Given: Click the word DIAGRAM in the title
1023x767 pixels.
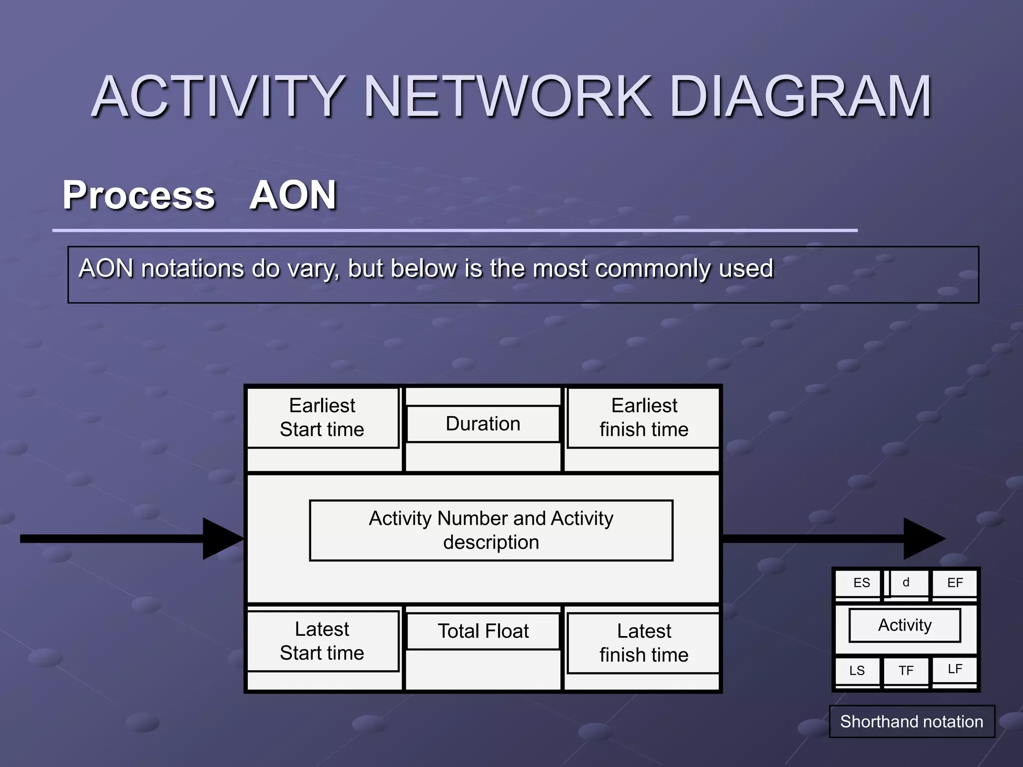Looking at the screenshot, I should [800, 97].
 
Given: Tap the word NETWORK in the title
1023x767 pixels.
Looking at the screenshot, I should [508, 97].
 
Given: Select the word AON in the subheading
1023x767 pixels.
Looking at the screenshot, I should [293, 195].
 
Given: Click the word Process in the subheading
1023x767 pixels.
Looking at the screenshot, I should [139, 195].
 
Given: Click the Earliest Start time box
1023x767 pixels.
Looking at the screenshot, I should [323, 417].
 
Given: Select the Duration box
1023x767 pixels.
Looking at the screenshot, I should [483, 424].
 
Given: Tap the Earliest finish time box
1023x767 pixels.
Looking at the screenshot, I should [644, 417].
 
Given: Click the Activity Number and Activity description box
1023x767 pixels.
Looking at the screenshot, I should [491, 530].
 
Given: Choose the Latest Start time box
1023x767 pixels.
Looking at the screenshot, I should [323, 641].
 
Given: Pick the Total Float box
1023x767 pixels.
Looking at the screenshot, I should [483, 631].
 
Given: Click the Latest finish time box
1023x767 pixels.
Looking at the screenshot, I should [644, 643].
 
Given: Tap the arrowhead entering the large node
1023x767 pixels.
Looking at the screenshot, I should [222, 539].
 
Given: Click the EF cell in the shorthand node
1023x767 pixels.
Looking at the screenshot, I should [955, 583].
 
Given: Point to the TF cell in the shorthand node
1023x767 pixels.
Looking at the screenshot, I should [906, 671].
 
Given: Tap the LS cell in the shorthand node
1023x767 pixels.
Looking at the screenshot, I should [857, 671].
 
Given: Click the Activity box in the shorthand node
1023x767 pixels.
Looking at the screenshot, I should [905, 625].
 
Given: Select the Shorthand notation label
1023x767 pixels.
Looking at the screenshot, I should [912, 722].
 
